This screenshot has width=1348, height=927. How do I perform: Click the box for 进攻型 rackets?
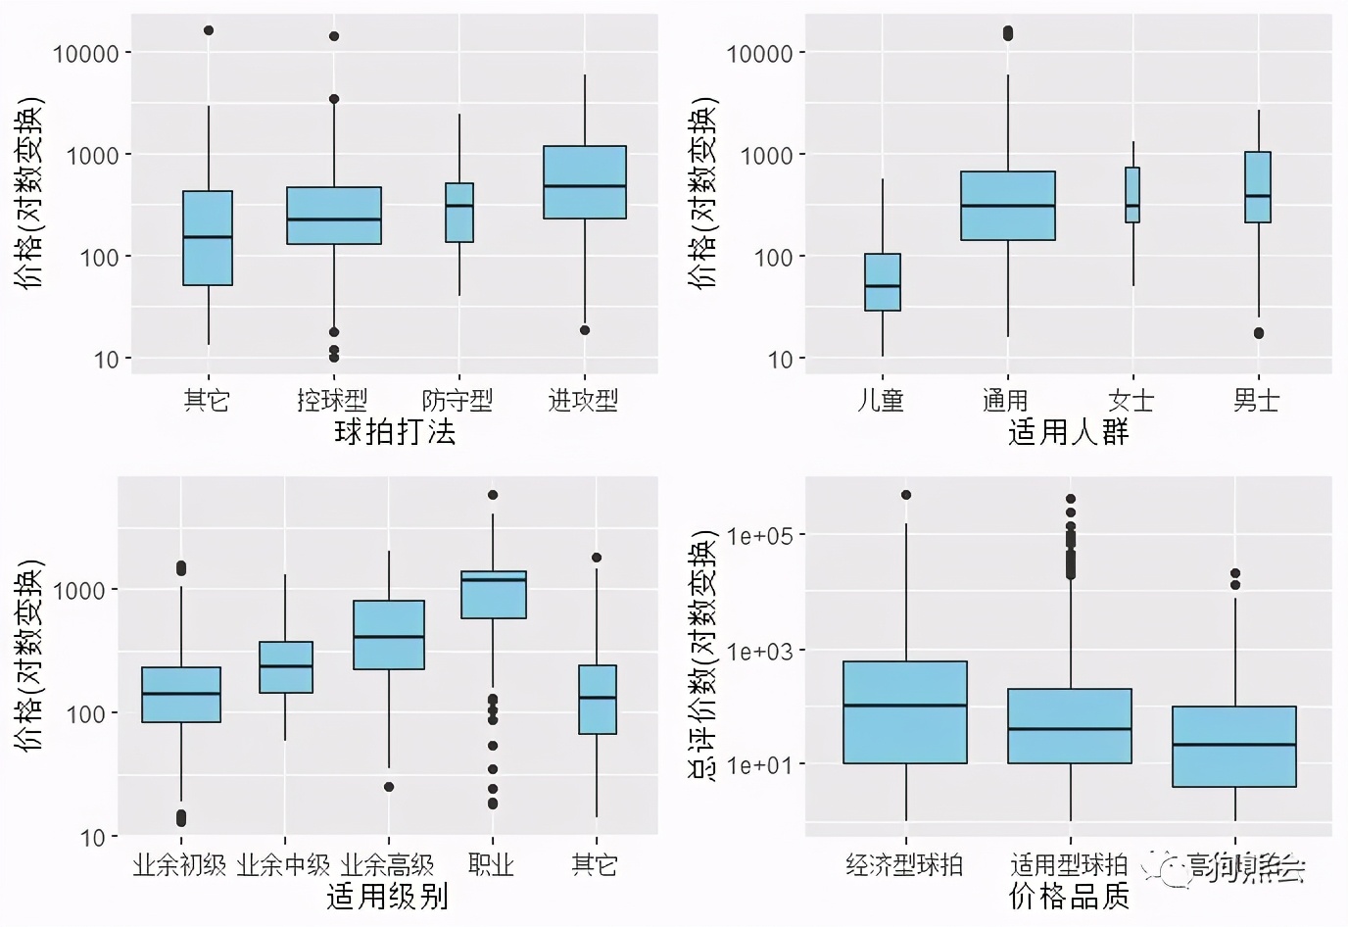coord(585,182)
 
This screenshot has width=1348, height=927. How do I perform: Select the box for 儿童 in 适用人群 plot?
coord(882,282)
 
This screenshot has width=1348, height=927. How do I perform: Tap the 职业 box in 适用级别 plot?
coord(493,595)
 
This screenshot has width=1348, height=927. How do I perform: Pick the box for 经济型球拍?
coord(904,712)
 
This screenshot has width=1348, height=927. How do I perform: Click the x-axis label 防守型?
coord(457,400)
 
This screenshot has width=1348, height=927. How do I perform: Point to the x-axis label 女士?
coord(1131,400)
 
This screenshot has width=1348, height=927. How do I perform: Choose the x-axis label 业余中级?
coord(284,864)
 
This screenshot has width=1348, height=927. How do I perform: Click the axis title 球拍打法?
coord(395,431)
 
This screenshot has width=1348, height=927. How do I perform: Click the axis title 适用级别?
coord(387,896)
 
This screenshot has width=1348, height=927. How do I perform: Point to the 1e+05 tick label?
coord(759,536)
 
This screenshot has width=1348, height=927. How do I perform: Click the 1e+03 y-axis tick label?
coord(759,651)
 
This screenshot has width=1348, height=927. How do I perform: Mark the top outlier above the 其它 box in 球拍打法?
coord(209,30)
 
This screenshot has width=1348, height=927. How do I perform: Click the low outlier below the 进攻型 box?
coord(585,330)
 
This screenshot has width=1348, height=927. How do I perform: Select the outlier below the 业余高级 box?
coord(389,787)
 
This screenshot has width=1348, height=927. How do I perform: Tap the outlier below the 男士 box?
coord(1259,333)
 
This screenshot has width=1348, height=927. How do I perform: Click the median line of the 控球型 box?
coord(334,220)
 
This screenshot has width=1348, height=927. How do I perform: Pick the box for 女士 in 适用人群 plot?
coord(1132,195)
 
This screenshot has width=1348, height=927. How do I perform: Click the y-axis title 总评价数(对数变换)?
coord(704,656)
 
